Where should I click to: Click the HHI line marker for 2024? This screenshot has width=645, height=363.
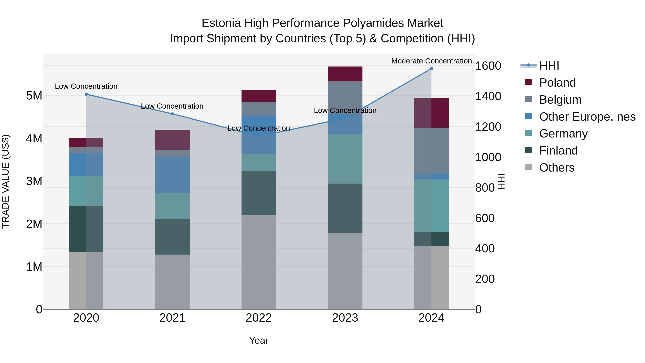tap(431, 69)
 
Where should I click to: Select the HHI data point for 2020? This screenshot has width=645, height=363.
tap(86, 94)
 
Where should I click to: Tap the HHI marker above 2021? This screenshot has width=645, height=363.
tap(172, 114)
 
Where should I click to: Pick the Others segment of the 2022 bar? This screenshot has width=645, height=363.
tap(259, 262)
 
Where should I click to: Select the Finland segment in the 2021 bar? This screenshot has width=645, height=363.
tap(172, 237)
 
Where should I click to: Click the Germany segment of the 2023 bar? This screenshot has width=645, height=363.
tap(345, 159)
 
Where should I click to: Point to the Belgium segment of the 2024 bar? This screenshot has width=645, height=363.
tap(431, 151)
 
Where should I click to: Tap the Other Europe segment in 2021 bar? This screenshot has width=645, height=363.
tap(172, 175)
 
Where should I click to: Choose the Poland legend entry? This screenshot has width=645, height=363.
tap(557, 83)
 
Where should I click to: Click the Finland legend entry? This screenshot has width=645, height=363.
tap(558, 151)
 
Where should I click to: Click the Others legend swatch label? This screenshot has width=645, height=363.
tap(557, 168)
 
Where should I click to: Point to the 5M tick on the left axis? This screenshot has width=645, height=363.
tap(34, 96)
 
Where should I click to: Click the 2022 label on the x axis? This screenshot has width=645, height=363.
tap(259, 318)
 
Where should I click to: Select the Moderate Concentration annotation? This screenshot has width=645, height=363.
tap(431, 61)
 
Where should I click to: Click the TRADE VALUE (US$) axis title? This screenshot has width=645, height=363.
tap(6, 181)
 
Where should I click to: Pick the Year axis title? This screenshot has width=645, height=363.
tap(259, 340)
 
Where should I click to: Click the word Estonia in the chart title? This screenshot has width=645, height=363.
tap(221, 23)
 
